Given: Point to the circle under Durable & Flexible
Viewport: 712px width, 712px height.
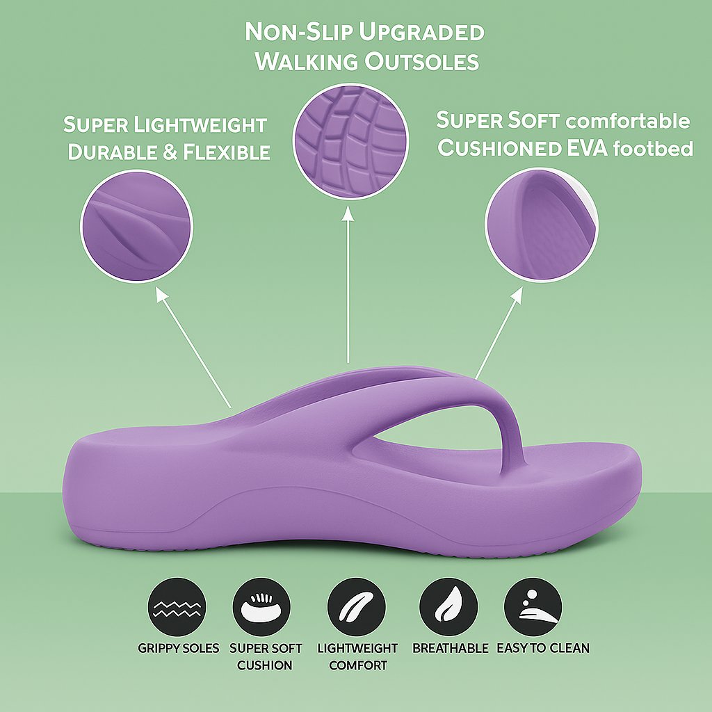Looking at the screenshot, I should [136, 227].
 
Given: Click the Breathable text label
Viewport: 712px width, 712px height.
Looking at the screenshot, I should [451, 648].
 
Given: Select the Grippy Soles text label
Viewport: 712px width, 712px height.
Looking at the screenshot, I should [178, 648].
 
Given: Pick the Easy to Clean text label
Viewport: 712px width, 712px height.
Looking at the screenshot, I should [543, 648].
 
